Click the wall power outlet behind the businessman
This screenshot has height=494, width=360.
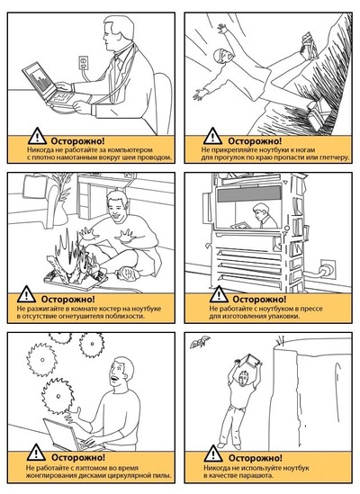pos(83,61)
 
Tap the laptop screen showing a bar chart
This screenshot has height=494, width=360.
pos(37,79)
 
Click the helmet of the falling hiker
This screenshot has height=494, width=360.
pos(220,55)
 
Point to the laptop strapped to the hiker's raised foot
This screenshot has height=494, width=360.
pos(309,46)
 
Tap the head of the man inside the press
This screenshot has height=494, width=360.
pos(261,211)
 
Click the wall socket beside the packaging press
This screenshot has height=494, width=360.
pos(328,268)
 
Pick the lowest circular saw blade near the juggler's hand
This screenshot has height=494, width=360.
pos(58,396)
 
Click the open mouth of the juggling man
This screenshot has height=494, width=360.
pos(115,378)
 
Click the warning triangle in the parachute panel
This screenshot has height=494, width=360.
pos(213,454)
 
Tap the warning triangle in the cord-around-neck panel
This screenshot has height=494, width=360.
pos(37,136)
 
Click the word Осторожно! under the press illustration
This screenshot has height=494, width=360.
pos(259,299)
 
